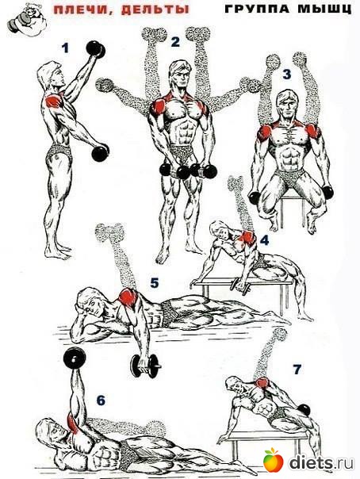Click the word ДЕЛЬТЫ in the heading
[x=155, y=10]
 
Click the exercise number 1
[x=65, y=48]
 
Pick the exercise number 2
[x=175, y=42]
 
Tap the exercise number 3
[x=286, y=75]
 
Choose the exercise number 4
[x=264, y=240]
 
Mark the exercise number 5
[x=155, y=283]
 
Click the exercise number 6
[x=101, y=400]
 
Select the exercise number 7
[x=297, y=370]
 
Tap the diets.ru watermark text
[x=321, y=462]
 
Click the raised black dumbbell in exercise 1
[x=96, y=49]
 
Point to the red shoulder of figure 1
[x=55, y=100]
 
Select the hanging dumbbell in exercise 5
[x=146, y=366]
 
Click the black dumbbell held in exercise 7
[x=304, y=410]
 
